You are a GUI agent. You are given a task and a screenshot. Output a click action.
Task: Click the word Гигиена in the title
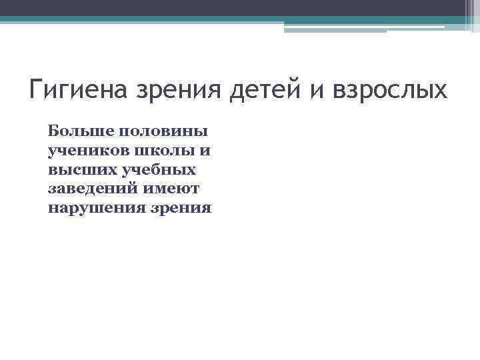79,89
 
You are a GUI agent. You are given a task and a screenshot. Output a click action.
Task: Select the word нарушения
94,209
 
